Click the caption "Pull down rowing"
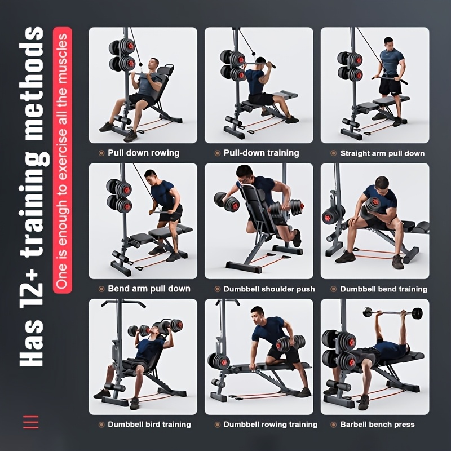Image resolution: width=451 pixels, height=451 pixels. click(143, 153)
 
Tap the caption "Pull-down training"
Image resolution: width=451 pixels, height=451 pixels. click(261, 153)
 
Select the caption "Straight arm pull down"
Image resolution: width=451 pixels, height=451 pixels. click(382, 153)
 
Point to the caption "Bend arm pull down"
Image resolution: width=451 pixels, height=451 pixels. click(149, 289)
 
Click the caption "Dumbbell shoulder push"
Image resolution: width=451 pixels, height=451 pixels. click(269, 289)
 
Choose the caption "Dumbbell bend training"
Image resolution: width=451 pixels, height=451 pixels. click(383, 289)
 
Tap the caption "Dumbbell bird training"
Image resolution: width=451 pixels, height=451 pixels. click(149, 425)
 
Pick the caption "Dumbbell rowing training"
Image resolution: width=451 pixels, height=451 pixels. click(271, 425)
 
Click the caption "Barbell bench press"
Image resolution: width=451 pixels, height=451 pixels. click(377, 425)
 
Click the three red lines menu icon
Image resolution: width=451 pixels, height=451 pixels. click(30, 422)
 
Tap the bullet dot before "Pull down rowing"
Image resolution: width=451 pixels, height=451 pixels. click(101, 153)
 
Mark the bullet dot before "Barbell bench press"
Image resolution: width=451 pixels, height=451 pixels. click(334, 425)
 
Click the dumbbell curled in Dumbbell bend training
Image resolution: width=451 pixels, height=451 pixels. click(374, 205)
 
